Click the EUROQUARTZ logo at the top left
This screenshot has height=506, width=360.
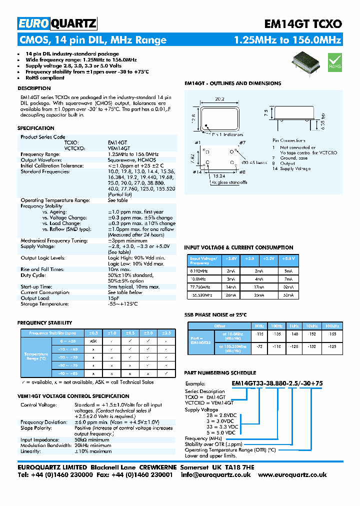(57, 23)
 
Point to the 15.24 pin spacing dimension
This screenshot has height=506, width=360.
(218, 176)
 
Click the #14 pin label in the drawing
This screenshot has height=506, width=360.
(196, 171)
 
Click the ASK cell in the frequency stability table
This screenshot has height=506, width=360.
(93, 340)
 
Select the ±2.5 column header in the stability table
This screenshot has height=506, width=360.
(166, 332)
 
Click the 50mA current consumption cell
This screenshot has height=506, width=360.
(289, 295)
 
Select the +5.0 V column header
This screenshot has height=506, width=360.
(289, 259)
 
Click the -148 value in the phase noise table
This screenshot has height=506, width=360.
(294, 333)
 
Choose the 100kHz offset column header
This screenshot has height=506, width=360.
(330, 325)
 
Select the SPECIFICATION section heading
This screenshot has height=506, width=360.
(36, 128)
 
